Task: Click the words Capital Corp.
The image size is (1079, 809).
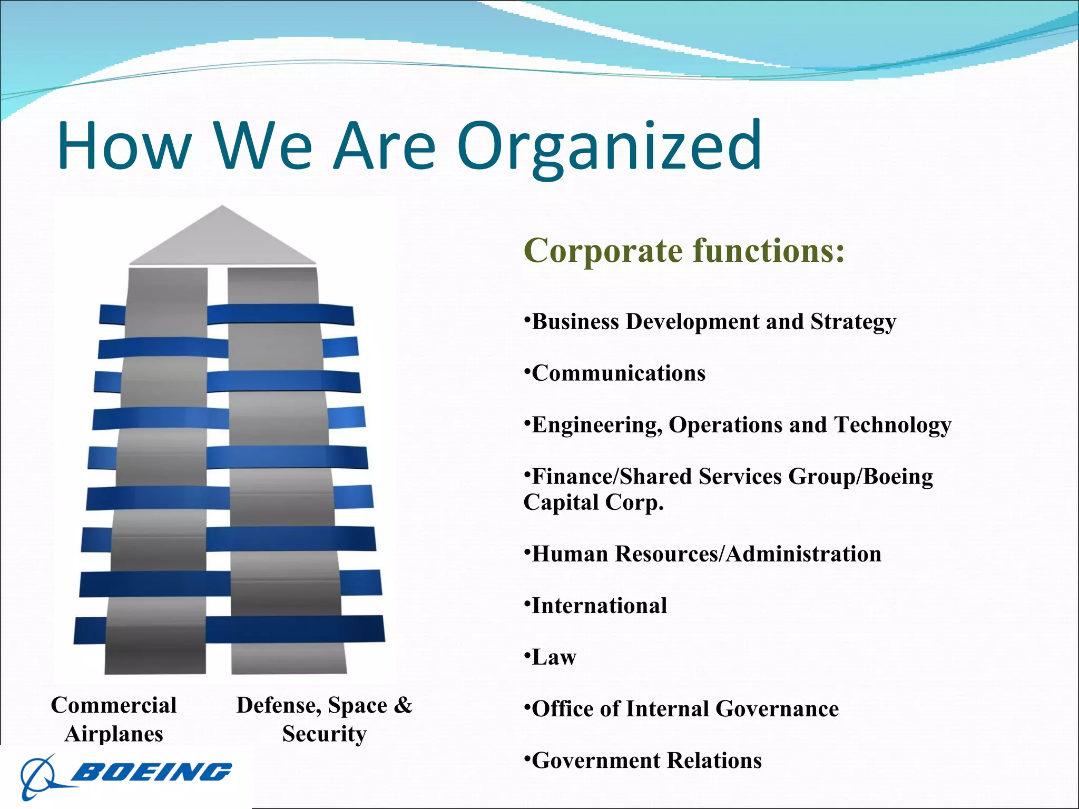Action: (593, 502)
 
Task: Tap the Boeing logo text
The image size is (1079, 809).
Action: (151, 772)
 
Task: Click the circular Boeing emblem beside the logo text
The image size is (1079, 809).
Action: (40, 777)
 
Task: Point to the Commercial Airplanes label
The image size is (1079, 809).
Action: (114, 719)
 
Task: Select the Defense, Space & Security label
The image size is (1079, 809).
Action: (324, 719)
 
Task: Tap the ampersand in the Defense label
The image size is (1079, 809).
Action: (403, 705)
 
